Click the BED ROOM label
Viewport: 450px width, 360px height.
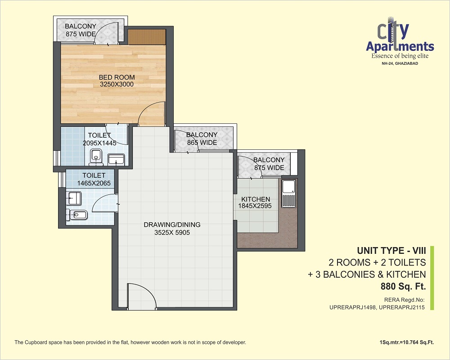point(117,77)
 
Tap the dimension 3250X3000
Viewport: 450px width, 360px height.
point(117,85)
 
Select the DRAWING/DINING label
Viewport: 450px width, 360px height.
point(172,225)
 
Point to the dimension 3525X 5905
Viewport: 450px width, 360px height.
point(172,233)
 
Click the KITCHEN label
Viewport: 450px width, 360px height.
point(256,199)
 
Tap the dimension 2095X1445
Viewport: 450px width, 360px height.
point(99,143)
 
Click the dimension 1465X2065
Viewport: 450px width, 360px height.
point(94,183)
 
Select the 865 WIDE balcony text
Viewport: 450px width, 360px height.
point(202,142)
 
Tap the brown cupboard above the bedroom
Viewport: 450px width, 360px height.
point(147,37)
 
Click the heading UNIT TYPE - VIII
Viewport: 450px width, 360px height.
point(391,251)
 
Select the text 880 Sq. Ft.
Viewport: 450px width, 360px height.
point(403,286)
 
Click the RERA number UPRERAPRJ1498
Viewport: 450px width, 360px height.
point(353,307)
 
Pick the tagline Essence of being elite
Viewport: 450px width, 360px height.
point(400,56)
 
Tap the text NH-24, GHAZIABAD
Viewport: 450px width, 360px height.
point(400,63)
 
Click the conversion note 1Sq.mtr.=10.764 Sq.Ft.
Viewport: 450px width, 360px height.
point(406,342)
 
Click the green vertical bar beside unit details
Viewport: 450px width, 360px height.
point(432,278)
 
